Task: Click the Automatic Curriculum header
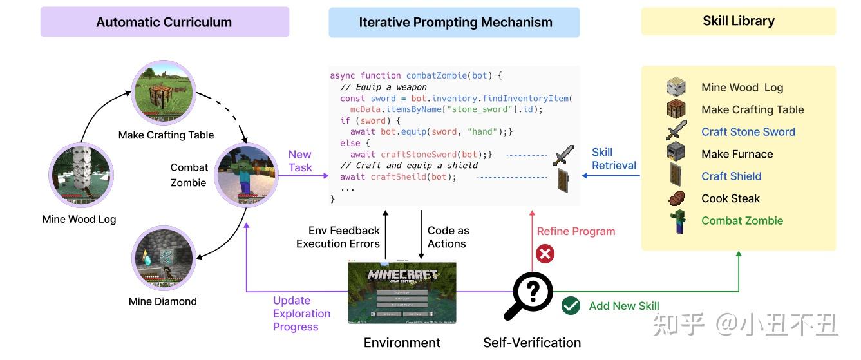(164, 23)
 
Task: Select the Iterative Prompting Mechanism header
(455, 23)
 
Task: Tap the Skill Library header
(738, 21)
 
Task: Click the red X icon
(545, 254)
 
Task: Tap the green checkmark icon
(571, 306)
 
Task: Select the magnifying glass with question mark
(529, 296)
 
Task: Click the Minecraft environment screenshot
(402, 292)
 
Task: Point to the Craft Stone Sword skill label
(748, 132)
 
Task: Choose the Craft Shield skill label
(731, 176)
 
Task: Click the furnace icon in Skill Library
(676, 153)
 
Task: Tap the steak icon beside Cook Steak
(676, 198)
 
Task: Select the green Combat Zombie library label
(742, 221)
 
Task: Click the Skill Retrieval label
(613, 159)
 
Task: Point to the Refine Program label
(576, 231)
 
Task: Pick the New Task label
(299, 161)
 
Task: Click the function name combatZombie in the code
(437, 75)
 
